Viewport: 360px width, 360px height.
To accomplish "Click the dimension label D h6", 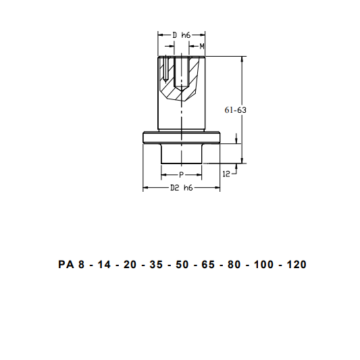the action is coord(182,35).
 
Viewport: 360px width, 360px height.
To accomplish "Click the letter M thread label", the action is coord(202,47).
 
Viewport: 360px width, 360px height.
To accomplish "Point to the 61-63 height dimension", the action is coord(235,110).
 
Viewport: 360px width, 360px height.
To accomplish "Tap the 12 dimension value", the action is coord(226,174).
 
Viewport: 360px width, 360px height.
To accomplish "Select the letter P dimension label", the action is coord(181,175).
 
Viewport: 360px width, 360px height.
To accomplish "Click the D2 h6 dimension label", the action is coord(182,188).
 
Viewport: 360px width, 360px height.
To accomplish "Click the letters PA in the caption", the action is coord(66,264).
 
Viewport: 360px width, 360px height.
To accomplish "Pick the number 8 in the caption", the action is coord(82,264).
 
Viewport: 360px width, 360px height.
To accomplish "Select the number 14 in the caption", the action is coord(104,264).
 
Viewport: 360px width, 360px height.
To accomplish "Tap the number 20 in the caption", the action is coord(130,264).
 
